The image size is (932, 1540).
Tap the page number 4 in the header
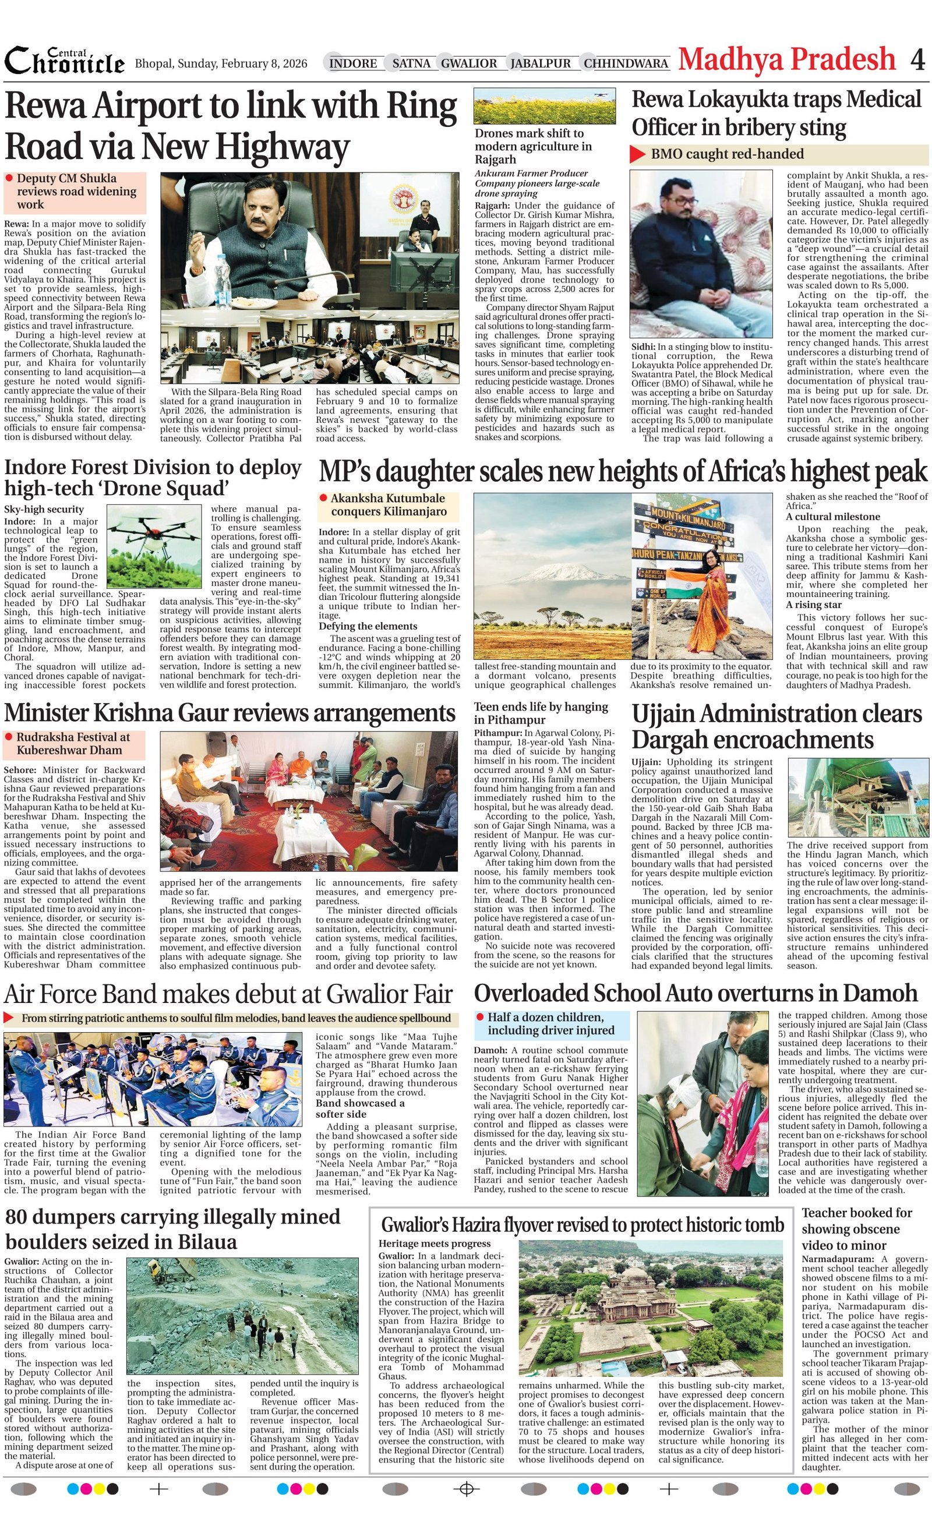(917, 60)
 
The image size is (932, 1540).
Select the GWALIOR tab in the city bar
(469, 63)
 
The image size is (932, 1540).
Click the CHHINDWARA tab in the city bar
(626, 63)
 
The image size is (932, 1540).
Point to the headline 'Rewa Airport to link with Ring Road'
(231, 126)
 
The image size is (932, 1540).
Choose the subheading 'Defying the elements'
(368, 626)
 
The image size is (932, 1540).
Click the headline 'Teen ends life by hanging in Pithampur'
(541, 712)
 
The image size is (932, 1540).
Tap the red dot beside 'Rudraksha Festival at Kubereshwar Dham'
(9, 737)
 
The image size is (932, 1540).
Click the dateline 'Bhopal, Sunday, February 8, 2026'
(221, 63)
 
